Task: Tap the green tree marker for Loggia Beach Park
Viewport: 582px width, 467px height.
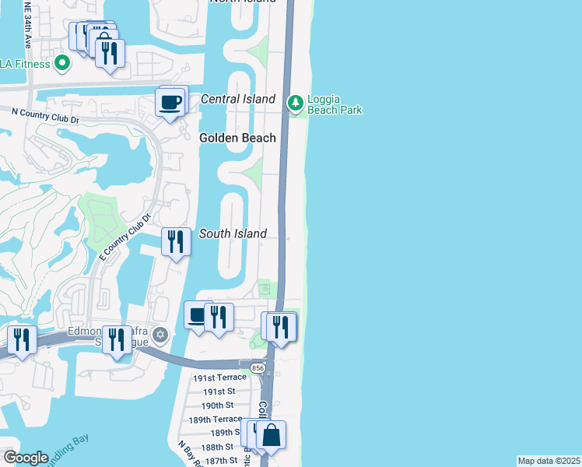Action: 295,102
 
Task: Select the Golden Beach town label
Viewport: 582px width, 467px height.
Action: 237,138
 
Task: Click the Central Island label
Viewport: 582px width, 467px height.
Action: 238,99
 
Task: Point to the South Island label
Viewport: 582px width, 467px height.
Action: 233,233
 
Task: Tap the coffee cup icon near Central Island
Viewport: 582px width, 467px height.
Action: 172,102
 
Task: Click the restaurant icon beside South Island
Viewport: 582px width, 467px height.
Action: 177,241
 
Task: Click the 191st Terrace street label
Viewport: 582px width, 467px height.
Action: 219,377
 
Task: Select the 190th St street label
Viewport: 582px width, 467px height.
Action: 217,406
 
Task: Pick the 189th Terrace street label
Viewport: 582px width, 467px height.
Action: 216,420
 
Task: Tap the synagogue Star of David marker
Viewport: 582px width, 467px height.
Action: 161,335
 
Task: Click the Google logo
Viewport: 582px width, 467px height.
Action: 26,458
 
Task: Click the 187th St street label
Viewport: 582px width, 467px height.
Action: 221,461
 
